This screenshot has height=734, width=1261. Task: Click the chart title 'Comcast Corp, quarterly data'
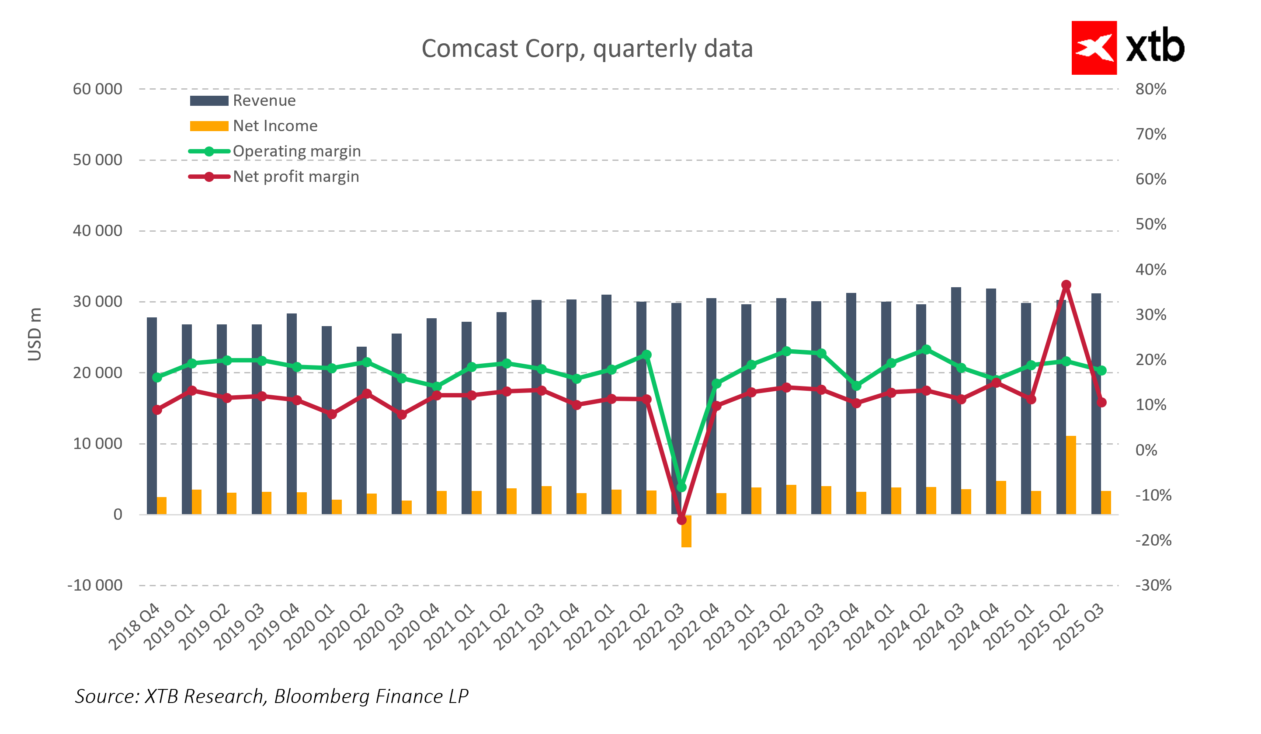click(x=587, y=49)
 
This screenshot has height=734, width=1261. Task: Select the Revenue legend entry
click(x=264, y=101)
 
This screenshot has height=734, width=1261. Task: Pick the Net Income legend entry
click(x=275, y=126)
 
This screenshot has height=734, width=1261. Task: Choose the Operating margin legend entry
click(x=296, y=151)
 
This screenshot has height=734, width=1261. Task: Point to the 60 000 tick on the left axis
click(x=97, y=89)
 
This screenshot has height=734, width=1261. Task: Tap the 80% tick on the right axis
click(x=1150, y=89)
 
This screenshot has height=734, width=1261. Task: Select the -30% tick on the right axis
click(x=1153, y=585)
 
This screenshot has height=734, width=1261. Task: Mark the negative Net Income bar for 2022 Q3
click(x=686, y=531)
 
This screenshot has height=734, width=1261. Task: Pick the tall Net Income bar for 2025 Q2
click(x=1071, y=475)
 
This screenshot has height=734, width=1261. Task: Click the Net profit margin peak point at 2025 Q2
click(x=1066, y=285)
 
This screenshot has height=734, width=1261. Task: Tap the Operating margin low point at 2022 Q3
click(x=681, y=487)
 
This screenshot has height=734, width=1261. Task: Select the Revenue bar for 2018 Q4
click(x=152, y=415)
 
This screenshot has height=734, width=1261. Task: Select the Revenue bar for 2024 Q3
click(x=956, y=400)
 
